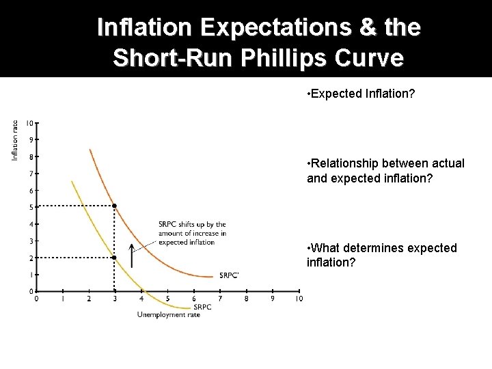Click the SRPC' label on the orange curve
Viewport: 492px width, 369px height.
point(230,275)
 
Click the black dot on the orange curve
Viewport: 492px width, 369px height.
point(115,206)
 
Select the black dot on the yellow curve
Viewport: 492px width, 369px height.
point(115,258)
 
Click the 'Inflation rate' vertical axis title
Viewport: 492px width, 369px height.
point(14,141)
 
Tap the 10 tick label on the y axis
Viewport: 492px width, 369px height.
point(29,123)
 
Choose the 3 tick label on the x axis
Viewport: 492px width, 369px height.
point(115,299)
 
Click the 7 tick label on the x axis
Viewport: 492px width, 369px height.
point(220,299)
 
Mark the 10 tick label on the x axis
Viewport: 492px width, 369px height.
point(299,299)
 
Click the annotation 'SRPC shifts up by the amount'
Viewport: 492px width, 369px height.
point(192,233)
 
